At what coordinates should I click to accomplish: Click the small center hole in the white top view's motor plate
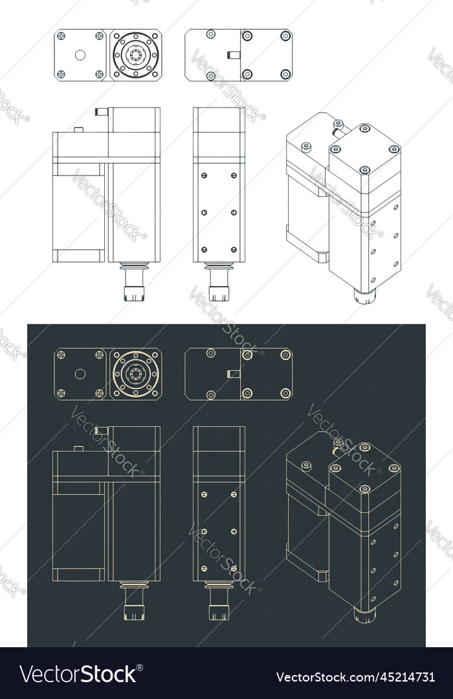coord(80,55)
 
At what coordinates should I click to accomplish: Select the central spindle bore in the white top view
coord(136,55)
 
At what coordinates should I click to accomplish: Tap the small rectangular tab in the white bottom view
coord(234,55)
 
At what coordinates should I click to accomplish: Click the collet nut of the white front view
coord(134,289)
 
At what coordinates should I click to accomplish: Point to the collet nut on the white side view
coord(219,289)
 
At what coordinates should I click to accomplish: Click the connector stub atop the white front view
coord(102,112)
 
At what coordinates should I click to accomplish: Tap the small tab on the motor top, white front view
coord(78,129)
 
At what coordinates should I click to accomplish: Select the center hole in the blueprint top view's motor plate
coord(80,373)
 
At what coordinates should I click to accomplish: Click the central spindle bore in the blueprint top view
coord(136,374)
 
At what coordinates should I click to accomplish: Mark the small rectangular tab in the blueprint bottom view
coord(234,373)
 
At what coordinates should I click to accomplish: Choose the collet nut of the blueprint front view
coord(134,610)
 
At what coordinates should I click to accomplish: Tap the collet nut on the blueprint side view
coord(219,610)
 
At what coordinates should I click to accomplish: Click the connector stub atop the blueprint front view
coord(102,430)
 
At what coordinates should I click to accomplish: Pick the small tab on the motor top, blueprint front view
coord(78,448)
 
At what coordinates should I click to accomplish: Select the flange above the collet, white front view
coord(134,266)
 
